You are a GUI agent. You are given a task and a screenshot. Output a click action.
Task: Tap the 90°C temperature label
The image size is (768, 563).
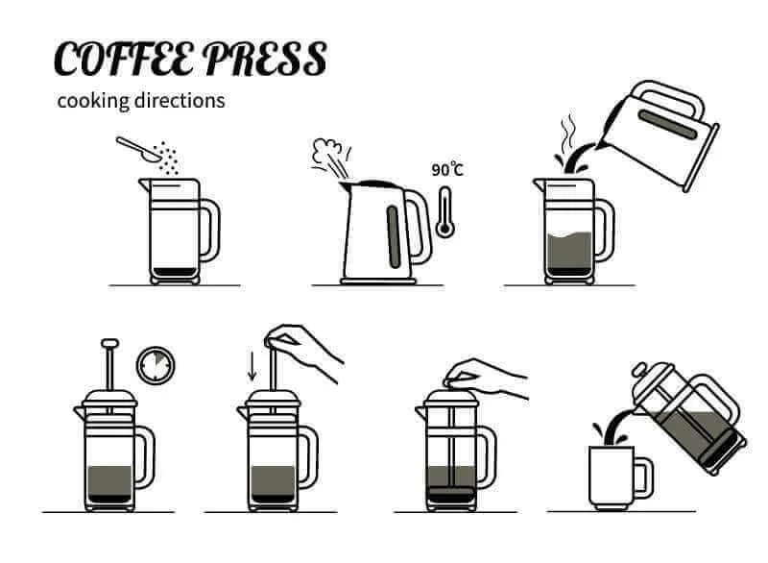446,169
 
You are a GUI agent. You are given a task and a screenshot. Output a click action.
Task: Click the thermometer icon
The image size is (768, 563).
444,211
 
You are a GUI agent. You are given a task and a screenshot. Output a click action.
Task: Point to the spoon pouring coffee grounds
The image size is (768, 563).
138,147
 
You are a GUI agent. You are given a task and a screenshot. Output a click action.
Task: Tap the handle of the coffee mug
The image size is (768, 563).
643,477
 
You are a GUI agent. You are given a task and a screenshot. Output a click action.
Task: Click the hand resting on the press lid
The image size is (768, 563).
490,378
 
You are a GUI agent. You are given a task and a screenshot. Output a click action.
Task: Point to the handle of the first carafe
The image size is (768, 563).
210,231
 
